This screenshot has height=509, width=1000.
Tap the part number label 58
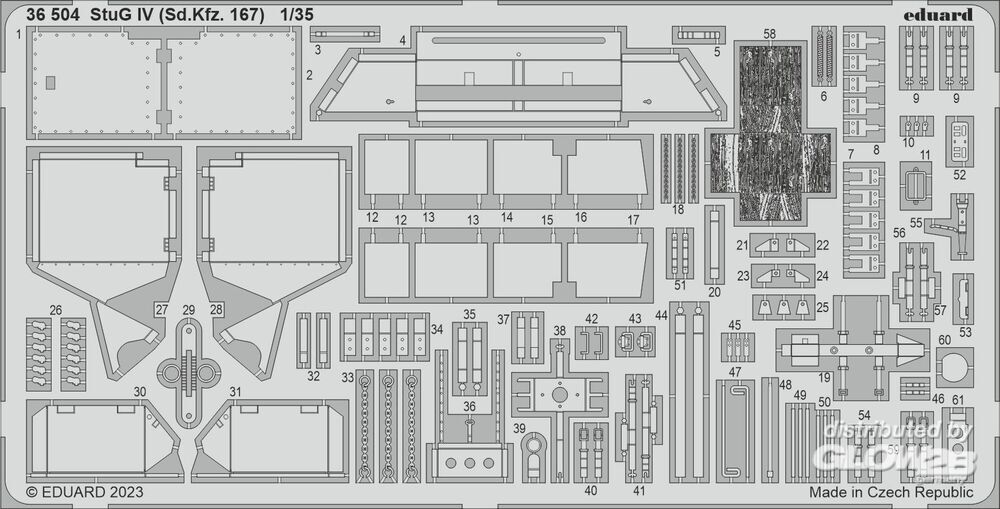pos(768,35)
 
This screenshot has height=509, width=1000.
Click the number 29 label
pos(188,310)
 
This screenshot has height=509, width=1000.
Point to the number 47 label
pos(735,373)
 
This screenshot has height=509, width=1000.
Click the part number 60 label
pos(944,340)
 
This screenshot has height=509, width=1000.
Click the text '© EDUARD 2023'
pos(85,492)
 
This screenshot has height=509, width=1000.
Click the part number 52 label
pos(959,174)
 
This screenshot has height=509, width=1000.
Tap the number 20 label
pos(713,292)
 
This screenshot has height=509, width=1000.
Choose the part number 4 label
pos(401,41)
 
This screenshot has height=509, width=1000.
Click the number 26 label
pos(54,310)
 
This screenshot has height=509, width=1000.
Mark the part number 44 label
pos(661,315)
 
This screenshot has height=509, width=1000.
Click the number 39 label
pos(519,428)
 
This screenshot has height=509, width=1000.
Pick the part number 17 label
pos(633,218)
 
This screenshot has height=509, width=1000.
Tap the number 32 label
pos(314,376)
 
